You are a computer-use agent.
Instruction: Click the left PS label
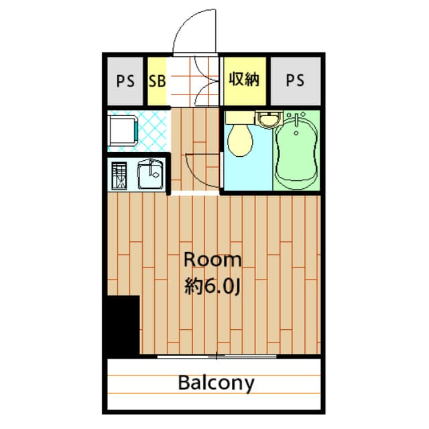(125, 81)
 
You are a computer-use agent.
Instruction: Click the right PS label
(295, 81)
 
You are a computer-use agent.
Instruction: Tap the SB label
(157, 81)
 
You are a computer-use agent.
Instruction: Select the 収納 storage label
(246, 80)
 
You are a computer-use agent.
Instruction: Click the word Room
(212, 260)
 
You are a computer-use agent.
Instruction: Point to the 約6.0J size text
(212, 287)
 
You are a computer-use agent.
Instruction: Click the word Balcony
(216, 383)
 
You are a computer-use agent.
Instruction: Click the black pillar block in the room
(123, 325)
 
